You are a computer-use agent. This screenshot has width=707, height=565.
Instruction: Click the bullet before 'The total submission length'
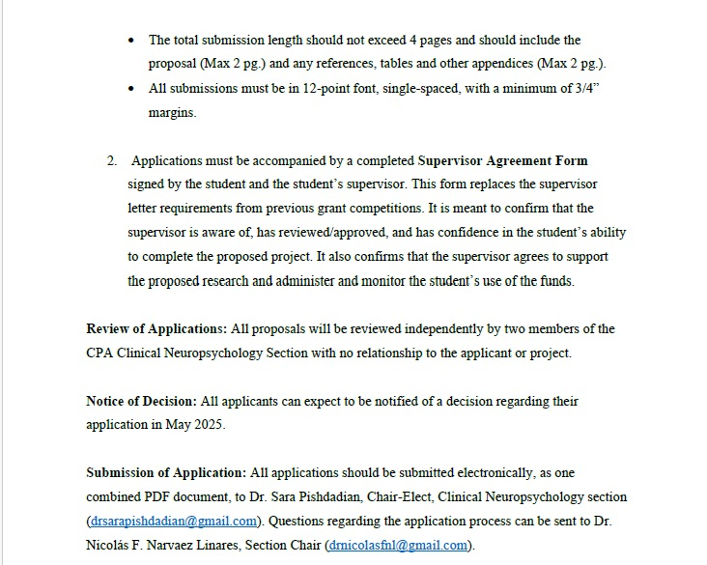(132, 41)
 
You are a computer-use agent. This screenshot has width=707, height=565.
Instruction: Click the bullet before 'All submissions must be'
(132, 89)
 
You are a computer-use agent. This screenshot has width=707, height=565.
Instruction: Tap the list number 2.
(111, 161)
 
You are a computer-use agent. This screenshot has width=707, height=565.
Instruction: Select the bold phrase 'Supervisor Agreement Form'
(502, 161)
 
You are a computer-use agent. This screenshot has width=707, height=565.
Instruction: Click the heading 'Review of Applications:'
(156, 329)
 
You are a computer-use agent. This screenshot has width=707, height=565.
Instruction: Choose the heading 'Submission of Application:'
(166, 473)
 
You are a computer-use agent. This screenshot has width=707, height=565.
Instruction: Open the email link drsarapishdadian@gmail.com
(174, 522)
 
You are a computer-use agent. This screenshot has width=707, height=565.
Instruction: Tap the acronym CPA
(100, 353)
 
